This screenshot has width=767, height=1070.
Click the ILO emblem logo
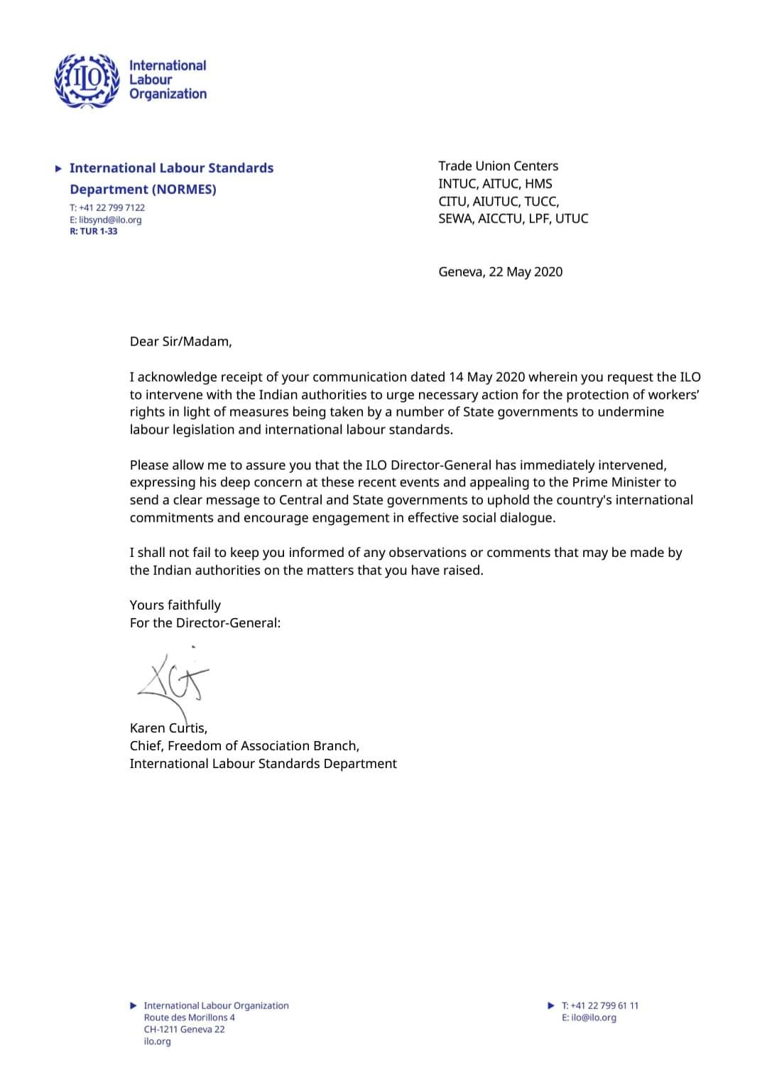87,80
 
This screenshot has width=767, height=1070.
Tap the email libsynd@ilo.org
105,220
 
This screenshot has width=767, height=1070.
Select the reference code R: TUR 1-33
93,232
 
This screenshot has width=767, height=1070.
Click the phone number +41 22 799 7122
107,207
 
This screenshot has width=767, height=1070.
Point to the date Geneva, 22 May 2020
500,271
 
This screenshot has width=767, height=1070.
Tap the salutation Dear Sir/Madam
180,341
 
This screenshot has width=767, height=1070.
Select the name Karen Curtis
168,728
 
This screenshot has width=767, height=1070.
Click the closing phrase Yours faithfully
175,605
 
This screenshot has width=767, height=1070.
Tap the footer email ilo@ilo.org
589,1017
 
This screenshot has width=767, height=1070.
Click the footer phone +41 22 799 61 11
599,1005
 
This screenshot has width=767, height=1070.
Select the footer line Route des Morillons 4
189,1017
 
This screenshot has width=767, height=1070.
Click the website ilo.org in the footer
157,1042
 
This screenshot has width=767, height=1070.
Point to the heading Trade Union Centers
498,166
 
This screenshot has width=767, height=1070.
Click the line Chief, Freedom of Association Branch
244,746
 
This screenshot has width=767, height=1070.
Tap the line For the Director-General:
205,623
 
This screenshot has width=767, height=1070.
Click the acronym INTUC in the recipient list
457,184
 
